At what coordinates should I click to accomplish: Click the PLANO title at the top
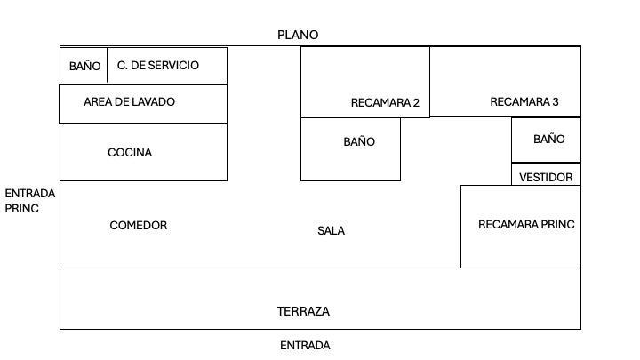pyautogui.click(x=298, y=35)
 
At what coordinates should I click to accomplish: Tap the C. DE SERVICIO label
pyautogui.click(x=158, y=65)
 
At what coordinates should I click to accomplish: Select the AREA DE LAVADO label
pyautogui.click(x=130, y=101)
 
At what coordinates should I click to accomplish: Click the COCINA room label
pyautogui.click(x=130, y=152)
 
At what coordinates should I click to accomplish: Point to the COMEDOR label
pyautogui.click(x=139, y=225)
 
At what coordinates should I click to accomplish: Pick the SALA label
pyautogui.click(x=331, y=230)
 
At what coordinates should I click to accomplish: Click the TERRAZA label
pyautogui.click(x=303, y=311)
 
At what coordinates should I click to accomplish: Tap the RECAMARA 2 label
pyautogui.click(x=385, y=102)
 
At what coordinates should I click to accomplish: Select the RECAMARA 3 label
pyautogui.click(x=524, y=101)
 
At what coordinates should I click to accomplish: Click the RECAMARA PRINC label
pyautogui.click(x=526, y=225)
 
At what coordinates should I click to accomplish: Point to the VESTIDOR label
pyautogui.click(x=546, y=178)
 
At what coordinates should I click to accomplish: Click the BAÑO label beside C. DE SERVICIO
pyautogui.click(x=85, y=66)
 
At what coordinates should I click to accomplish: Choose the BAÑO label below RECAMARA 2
pyautogui.click(x=359, y=141)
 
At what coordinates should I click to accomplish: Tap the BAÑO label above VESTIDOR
pyautogui.click(x=549, y=139)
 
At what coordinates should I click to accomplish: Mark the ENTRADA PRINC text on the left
pyautogui.click(x=30, y=201)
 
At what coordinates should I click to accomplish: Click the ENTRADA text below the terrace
pyautogui.click(x=305, y=345)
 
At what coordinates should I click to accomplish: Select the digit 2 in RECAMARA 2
pyautogui.click(x=416, y=102)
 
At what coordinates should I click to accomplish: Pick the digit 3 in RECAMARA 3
pyautogui.click(x=555, y=101)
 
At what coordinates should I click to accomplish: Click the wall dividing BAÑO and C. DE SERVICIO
pyautogui.click(x=107, y=65)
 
